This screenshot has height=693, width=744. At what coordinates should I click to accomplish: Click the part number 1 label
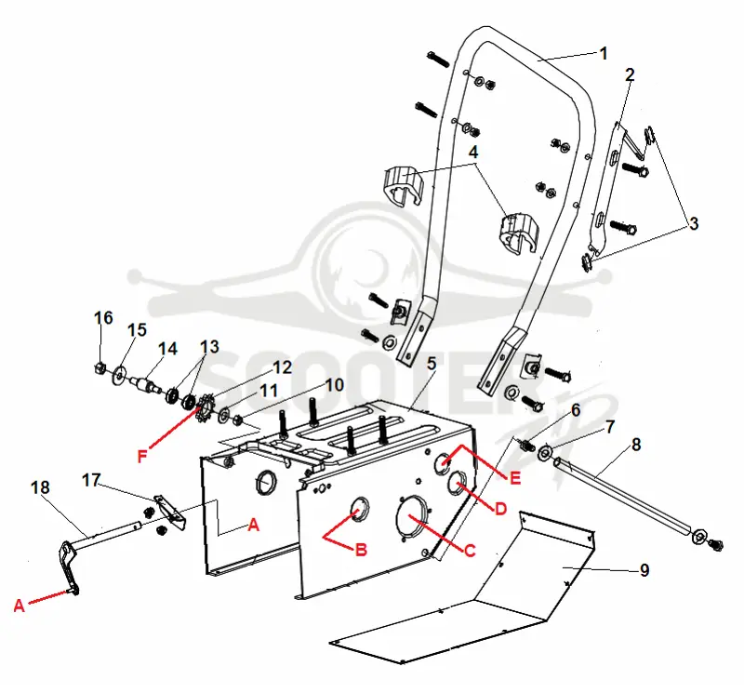click(604, 54)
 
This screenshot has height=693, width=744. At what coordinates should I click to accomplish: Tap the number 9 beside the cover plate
click(644, 569)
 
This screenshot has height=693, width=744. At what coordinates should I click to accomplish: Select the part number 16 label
click(103, 317)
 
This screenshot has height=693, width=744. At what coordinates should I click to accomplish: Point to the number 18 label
click(40, 487)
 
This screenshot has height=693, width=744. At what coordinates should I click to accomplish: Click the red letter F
click(142, 457)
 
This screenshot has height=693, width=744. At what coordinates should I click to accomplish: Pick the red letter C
click(470, 551)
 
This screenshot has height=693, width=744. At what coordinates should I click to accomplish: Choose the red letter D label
click(500, 510)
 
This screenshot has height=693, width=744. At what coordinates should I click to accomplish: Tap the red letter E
click(515, 478)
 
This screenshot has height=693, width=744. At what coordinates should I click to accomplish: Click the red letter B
click(361, 550)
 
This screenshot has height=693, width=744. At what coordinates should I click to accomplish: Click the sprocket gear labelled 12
click(205, 408)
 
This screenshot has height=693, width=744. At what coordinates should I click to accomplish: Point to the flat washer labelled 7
click(544, 453)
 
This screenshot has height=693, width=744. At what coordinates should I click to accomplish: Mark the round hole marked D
click(458, 483)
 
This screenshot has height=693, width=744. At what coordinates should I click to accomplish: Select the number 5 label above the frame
click(431, 364)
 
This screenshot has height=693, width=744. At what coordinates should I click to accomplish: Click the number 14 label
click(167, 349)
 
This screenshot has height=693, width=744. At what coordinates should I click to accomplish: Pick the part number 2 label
click(630, 74)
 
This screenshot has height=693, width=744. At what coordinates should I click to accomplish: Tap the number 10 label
click(334, 385)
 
